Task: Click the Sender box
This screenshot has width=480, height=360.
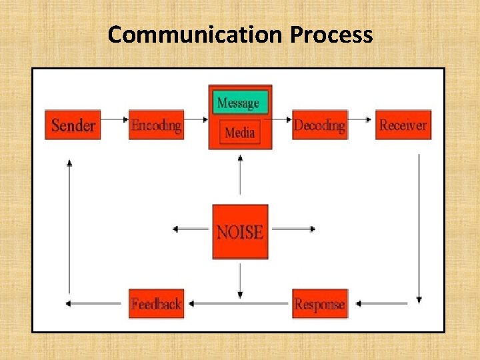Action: coord(73,125)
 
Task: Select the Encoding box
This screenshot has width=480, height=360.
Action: coord(156,125)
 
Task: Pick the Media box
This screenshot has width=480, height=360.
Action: coord(240,133)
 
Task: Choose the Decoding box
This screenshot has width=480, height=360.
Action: coord(320,125)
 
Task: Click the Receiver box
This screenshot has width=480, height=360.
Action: coord(403,125)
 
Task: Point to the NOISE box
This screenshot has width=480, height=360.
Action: coord(240,231)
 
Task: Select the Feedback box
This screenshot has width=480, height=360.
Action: coord(156,304)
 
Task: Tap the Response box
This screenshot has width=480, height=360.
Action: coord(320,304)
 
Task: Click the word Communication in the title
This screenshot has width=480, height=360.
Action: coord(196,34)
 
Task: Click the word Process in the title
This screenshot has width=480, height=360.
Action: coord(331,34)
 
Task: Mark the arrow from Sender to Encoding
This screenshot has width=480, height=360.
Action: coord(115,120)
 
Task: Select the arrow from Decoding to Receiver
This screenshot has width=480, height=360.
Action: coord(361,120)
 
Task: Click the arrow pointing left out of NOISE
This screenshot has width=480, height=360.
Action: coord(192,229)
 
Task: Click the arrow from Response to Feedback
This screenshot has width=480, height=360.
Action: coord(238,304)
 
